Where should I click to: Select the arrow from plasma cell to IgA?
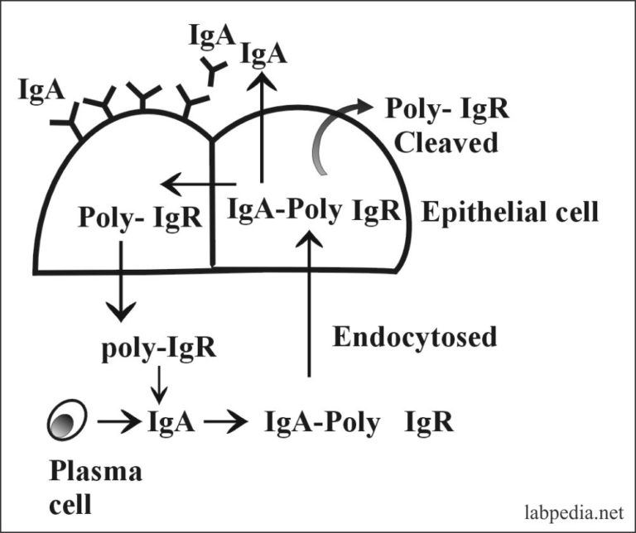pos(120,422)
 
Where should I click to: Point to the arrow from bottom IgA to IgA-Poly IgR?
pos(226,422)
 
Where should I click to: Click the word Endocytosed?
pos(414,337)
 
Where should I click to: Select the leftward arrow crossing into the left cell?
pos(197,183)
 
